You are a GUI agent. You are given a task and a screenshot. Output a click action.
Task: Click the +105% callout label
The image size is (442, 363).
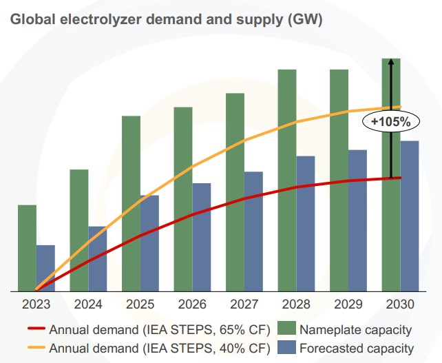pos(390,122)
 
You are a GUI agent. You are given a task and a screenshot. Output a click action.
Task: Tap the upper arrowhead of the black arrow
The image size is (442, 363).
pos(390,63)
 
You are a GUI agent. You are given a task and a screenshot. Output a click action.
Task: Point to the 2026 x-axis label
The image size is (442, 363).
pos(192,304)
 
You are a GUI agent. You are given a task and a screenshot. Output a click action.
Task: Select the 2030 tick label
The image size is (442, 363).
pos(400,304)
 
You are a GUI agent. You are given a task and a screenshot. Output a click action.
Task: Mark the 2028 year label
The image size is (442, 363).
pos(296,304)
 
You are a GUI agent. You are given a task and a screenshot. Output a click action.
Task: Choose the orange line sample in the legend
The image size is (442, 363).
pos(36,349)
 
